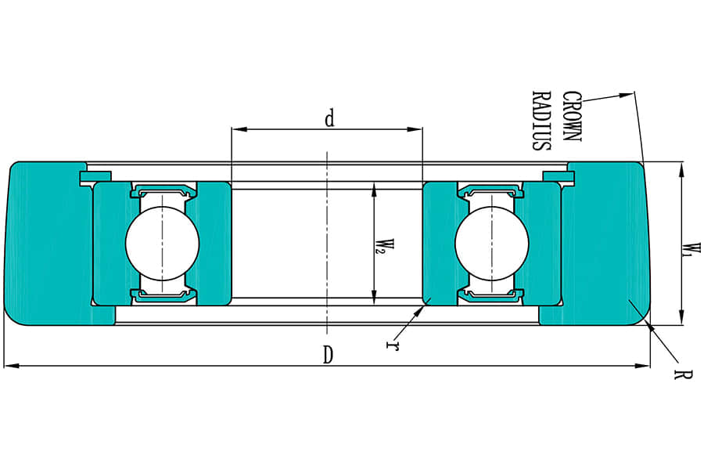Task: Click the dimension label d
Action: [x=329, y=118]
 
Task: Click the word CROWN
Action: [x=573, y=117]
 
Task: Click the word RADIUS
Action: [x=541, y=120]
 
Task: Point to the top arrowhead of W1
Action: [x=681, y=167]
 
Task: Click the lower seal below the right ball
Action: [x=491, y=295]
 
